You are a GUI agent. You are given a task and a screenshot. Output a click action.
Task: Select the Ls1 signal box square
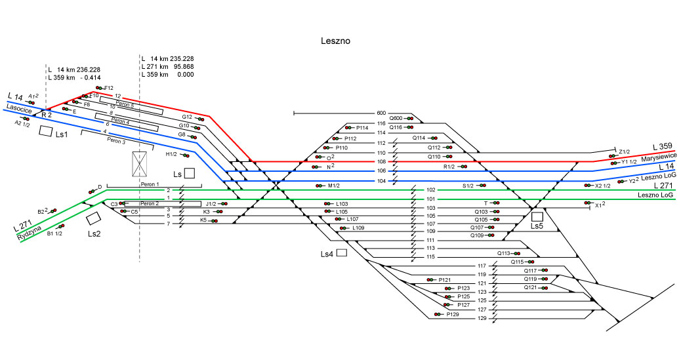(45, 131)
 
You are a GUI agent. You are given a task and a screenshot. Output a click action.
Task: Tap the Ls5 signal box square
(537, 216)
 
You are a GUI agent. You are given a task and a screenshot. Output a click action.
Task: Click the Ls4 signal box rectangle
(341, 253)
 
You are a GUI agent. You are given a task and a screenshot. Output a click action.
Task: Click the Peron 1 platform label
(151, 185)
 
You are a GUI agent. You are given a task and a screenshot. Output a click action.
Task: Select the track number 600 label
(381, 113)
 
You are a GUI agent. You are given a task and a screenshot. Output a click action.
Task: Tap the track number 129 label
(482, 319)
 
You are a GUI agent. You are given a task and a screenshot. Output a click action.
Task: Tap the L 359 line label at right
(663, 146)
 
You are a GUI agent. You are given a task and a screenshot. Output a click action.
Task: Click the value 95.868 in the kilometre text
(182, 67)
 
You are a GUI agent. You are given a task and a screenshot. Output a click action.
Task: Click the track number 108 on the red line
(381, 161)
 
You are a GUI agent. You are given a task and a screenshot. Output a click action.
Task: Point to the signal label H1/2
(171, 154)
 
